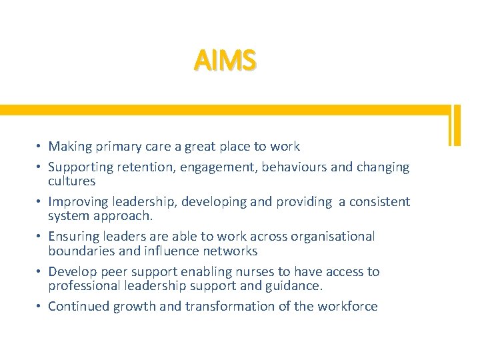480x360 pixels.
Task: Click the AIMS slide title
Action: point(225,61)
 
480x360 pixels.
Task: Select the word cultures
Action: point(72,181)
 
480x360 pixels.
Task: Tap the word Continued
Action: point(79,306)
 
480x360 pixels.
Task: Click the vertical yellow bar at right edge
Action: point(455,125)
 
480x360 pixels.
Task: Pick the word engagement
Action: point(217,167)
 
